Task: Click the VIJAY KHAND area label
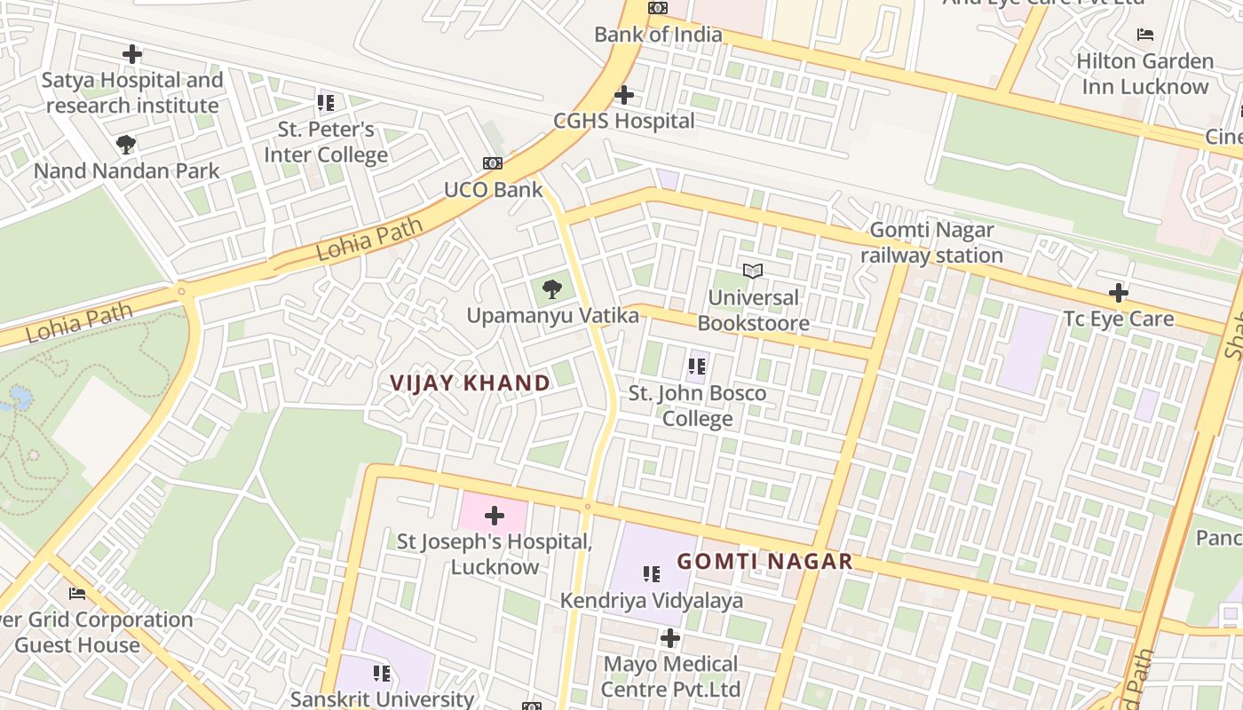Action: coord(470,383)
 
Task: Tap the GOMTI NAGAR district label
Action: coord(764,561)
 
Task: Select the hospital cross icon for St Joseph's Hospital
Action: coord(495,516)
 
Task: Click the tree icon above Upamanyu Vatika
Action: coord(552,288)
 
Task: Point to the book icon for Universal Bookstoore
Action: coord(753,271)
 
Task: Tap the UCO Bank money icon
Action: coord(493,163)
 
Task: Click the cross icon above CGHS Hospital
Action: coord(624,95)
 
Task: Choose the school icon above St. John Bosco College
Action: coord(697,366)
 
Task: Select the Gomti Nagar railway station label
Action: coord(931,242)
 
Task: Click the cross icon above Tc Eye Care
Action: coord(1118,292)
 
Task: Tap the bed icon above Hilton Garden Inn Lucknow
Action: coord(1145,35)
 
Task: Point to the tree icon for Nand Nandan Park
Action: coord(126,145)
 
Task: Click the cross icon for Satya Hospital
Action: coord(132,54)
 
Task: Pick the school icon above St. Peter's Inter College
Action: coord(326,103)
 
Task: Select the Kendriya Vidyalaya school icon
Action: coord(652,574)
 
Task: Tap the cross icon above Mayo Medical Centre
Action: coord(670,638)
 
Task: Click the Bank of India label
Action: coord(658,35)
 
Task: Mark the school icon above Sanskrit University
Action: coord(382,674)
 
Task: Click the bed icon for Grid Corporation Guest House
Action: coord(77,594)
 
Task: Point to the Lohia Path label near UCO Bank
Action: coord(369,241)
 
